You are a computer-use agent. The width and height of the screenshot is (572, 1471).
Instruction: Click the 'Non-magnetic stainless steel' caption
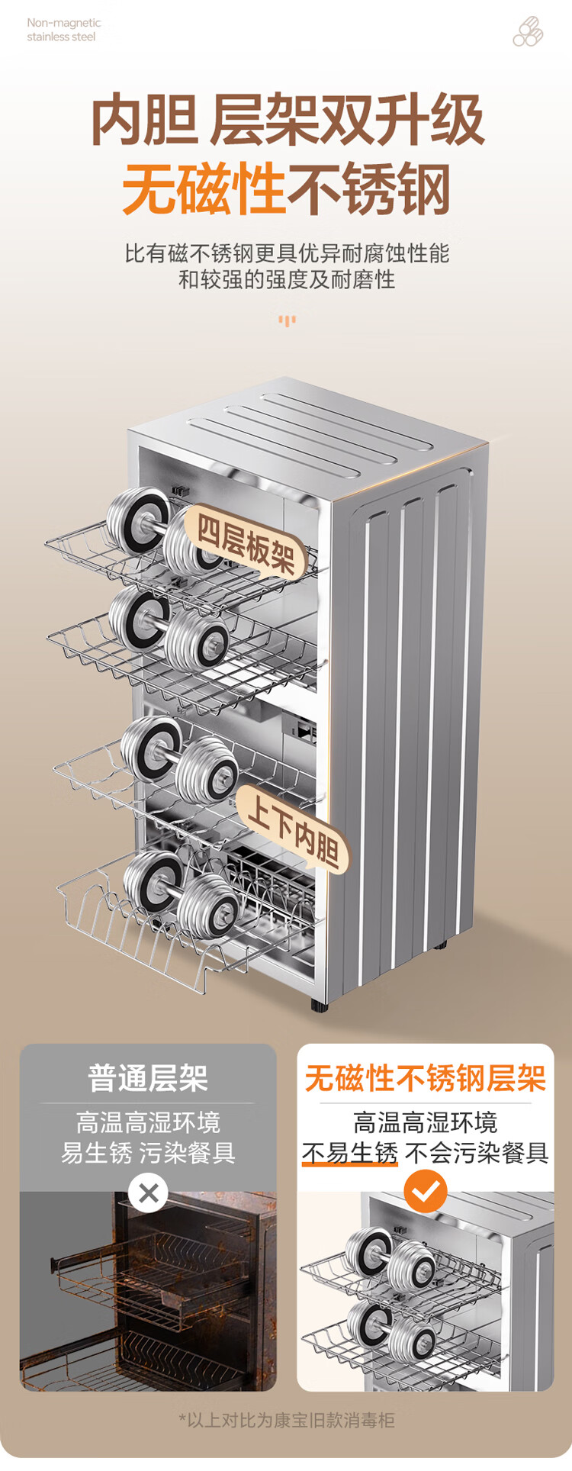coord(64,30)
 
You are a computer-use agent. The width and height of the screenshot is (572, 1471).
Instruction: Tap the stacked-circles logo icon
coord(528,32)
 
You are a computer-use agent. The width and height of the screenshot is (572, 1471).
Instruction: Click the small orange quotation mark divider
coord(287,320)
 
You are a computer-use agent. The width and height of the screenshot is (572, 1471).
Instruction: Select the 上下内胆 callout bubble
coord(293,829)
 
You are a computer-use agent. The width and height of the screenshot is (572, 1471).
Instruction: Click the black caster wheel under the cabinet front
coord(319,1005)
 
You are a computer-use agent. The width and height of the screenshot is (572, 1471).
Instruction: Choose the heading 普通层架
coord(148,1078)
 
